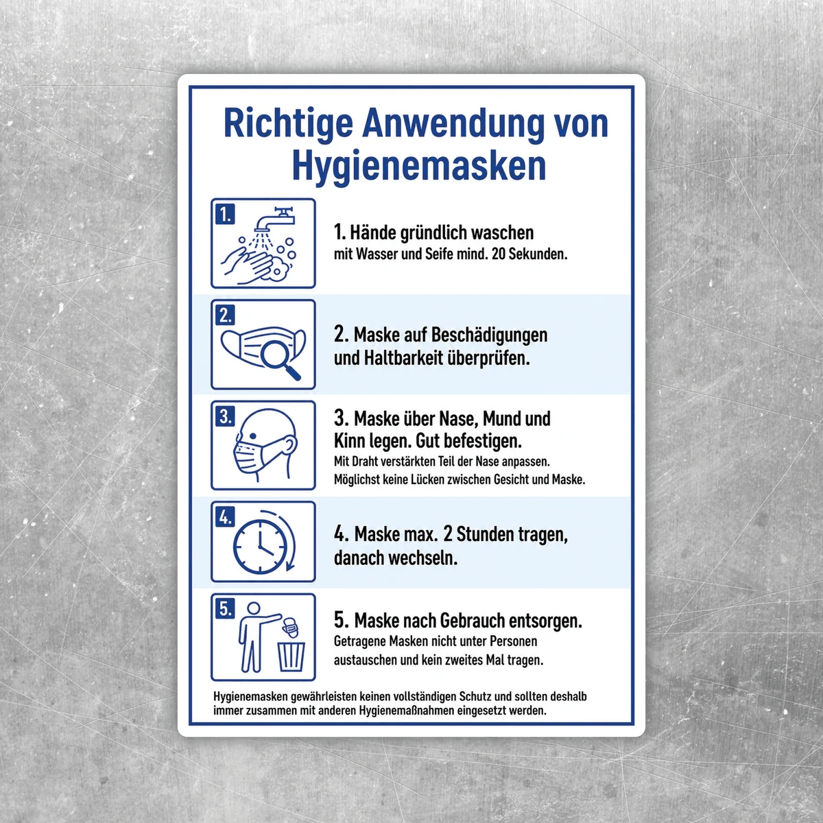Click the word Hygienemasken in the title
[420, 167]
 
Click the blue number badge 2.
[225, 315]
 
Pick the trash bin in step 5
[291, 657]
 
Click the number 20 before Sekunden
[499, 254]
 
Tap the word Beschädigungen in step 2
[490, 335]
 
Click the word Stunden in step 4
[485, 534]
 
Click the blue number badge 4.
[225, 517]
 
